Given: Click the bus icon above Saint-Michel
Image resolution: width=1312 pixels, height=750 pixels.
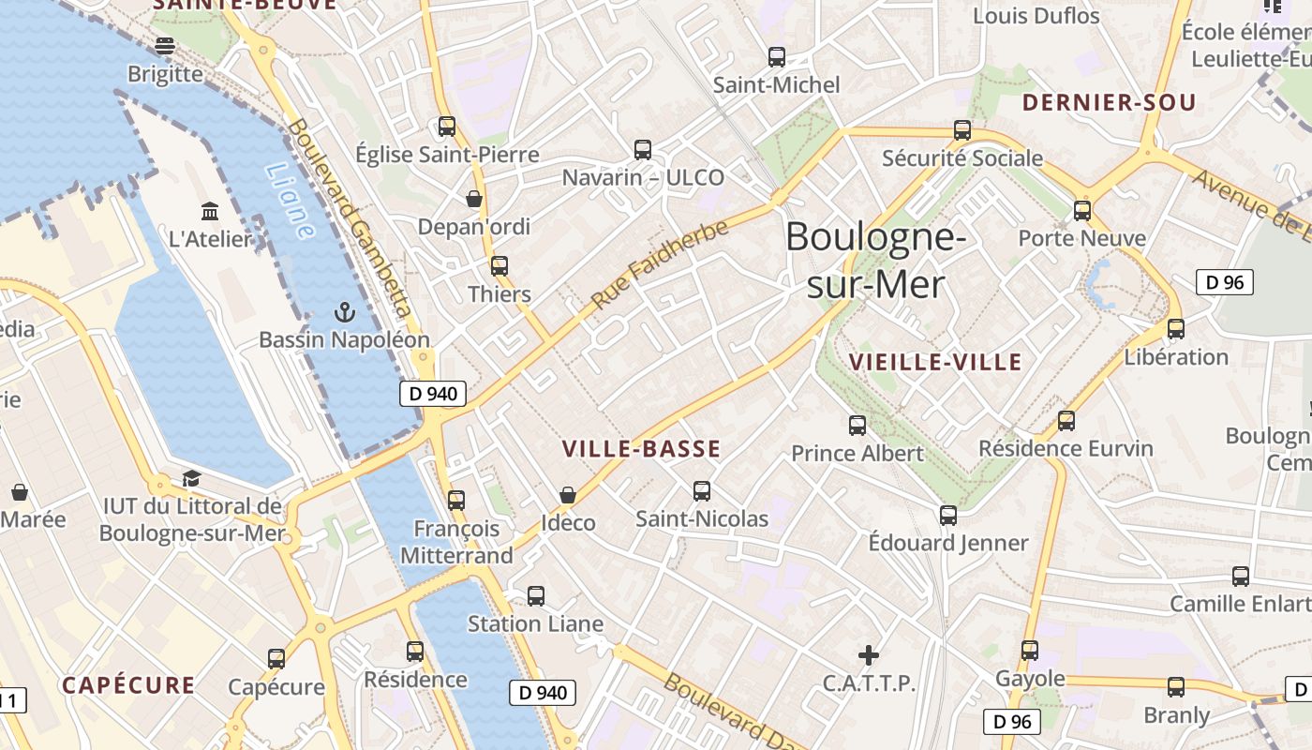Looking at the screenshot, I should click(777, 57).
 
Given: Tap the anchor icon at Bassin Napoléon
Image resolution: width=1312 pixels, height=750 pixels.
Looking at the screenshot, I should click(345, 311).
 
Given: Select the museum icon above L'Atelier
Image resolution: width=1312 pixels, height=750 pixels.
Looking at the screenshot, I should click(210, 211).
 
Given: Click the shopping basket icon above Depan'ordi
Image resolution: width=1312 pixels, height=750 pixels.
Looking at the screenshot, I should click(474, 199).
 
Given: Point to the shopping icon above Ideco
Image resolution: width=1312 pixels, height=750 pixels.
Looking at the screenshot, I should click(568, 494).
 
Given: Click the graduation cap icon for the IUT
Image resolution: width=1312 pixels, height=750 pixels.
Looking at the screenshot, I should click(191, 479).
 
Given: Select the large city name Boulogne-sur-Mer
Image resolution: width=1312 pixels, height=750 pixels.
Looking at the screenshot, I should click(875, 261).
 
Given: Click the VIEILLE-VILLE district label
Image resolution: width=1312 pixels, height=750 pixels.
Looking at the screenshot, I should click(934, 362).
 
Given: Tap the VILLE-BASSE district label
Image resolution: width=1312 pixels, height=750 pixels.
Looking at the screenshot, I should click(641, 449).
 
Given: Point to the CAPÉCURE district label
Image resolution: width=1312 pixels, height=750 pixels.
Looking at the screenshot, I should click(128, 685).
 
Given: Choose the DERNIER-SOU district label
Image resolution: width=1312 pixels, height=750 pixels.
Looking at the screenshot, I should click(1109, 102).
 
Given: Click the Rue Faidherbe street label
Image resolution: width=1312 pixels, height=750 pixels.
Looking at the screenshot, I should click(660, 265).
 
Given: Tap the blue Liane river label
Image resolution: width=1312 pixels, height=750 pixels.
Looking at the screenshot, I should click(290, 201).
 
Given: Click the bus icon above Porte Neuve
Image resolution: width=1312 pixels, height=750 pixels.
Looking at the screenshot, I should click(1082, 211).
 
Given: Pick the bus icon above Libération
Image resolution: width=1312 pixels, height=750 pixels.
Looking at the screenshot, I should click(1175, 329).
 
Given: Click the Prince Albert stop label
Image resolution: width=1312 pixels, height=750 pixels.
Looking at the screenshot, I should click(857, 454).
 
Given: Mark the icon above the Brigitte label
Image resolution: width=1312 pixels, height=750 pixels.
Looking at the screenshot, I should click(166, 45).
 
